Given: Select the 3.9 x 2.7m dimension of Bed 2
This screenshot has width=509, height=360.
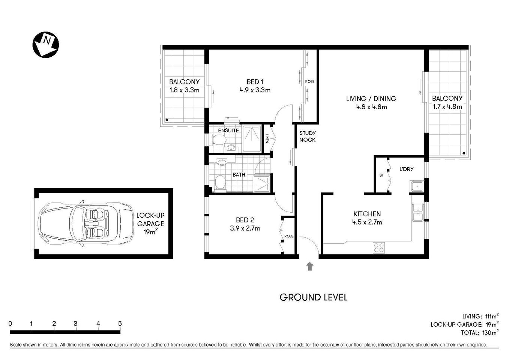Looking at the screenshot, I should point(248,228).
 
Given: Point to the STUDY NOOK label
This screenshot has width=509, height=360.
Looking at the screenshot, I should point(307,136).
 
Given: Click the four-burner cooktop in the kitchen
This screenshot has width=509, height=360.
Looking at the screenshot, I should point(379,247).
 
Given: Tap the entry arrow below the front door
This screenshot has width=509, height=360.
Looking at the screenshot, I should point(309,266).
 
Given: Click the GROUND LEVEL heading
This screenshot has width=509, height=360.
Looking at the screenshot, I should point(314,297).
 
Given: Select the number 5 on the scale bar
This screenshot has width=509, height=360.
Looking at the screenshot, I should point(120,324).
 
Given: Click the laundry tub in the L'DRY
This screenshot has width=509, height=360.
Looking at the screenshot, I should point(416,186).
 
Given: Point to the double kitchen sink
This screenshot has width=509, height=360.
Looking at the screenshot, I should point(417,212).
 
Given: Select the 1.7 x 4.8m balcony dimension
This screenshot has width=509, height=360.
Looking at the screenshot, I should point(447,106).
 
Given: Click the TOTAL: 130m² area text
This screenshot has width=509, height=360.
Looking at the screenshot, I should point(479,333).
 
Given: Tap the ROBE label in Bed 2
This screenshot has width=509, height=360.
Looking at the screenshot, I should point(288,236).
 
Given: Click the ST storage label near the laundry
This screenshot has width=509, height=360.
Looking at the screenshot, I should point(381,175).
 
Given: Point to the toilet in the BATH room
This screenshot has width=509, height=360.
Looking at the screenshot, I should point(220,184).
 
